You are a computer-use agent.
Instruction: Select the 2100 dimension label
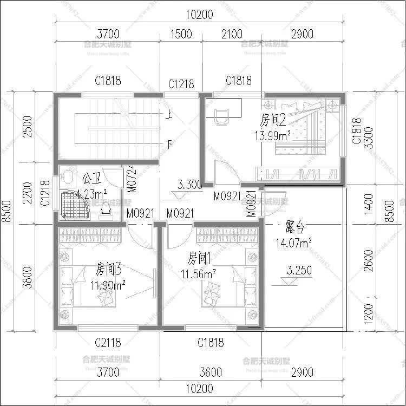[232, 34]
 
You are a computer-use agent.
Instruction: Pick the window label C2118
[108, 342]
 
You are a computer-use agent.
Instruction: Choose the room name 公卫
[90, 178]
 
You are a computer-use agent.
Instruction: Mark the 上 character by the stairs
[169, 114]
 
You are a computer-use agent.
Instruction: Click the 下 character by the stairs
[169, 144]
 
